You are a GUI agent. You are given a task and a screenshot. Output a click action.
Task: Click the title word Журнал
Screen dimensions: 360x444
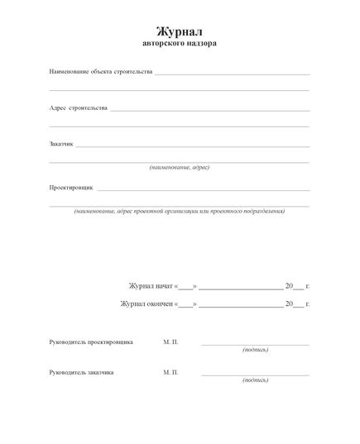(179, 31)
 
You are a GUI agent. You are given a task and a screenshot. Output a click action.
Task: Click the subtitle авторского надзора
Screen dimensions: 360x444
(179, 43)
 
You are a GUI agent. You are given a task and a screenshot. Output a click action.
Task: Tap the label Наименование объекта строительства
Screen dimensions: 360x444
(101, 73)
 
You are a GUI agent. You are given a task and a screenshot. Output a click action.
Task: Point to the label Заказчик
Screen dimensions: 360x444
(61, 143)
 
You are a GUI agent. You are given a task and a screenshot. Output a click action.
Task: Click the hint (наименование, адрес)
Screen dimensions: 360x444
(179, 167)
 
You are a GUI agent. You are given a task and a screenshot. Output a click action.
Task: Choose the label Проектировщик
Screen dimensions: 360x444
(71, 188)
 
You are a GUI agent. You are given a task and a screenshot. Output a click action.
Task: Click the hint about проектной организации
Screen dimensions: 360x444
(179, 212)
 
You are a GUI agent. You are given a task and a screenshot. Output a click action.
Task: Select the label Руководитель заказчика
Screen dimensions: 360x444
(82, 372)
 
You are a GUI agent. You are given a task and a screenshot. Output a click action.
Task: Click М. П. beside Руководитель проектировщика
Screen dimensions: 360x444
(170, 341)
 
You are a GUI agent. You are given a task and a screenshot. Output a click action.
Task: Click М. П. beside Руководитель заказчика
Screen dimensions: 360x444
(170, 372)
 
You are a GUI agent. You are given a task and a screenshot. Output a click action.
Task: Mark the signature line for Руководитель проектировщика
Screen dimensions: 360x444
(255, 344)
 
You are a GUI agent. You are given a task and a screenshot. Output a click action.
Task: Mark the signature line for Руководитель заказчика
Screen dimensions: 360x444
(255, 375)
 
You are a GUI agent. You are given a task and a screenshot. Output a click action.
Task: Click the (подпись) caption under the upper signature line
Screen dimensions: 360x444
(255, 350)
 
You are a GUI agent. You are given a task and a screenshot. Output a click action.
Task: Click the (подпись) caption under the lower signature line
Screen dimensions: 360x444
(255, 380)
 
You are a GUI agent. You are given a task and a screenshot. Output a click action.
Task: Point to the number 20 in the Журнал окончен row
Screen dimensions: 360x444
(289, 303)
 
